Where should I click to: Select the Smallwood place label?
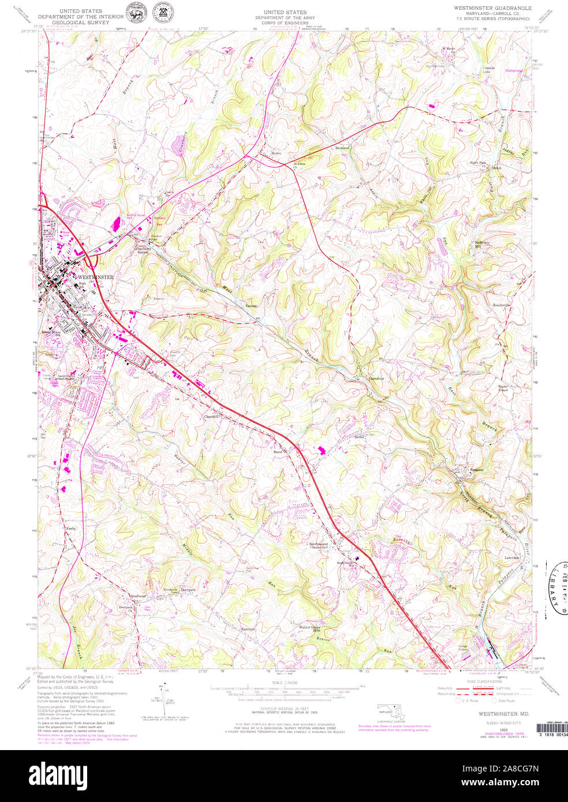pyautogui.click(x=139, y=596)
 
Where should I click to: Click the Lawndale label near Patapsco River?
pyautogui.click(x=511, y=558)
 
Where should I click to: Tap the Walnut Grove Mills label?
pyautogui.click(x=309, y=628)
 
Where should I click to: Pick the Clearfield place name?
pyautogui.click(x=210, y=417)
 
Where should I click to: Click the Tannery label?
pyautogui.click(x=251, y=306)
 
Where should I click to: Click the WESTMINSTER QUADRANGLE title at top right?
pyautogui.click(x=491, y=8)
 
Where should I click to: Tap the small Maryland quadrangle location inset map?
pyautogui.click(x=390, y=711)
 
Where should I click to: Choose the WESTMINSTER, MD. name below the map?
pyautogui.click(x=499, y=714)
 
